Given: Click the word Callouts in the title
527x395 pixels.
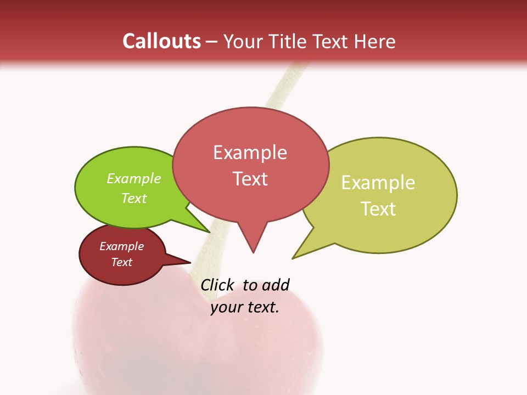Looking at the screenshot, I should (161, 41).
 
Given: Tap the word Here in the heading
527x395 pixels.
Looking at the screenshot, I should (375, 41).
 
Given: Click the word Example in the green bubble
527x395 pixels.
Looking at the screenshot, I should (134, 178).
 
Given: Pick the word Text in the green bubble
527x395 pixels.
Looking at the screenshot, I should (134, 198).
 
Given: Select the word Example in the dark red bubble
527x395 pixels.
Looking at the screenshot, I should (121, 246).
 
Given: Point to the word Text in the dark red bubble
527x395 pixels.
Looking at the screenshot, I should (121, 262).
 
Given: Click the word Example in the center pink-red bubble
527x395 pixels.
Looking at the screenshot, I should (250, 152).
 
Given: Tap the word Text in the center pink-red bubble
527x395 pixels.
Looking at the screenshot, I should (250, 178).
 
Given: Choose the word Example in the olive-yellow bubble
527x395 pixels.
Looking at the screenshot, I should (378, 182).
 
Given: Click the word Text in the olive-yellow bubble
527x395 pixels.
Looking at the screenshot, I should (378, 208).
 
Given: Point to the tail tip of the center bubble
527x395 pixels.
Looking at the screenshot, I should (253, 251).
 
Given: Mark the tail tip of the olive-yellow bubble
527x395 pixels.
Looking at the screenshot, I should (293, 257).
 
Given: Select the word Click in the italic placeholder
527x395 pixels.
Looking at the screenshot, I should (217, 285).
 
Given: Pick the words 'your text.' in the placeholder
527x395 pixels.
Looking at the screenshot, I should (245, 307).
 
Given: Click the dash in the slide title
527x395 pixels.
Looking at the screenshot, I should (211, 42).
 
